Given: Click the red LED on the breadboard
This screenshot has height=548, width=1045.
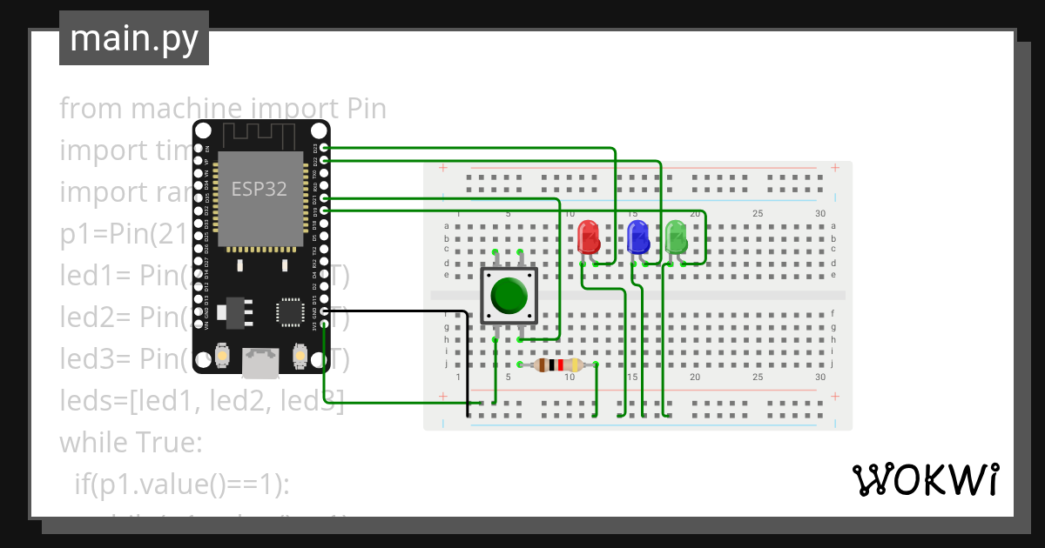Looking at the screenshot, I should point(589,237).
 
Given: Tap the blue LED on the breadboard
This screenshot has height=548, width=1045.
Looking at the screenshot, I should point(638,237).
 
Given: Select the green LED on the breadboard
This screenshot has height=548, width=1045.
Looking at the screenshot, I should point(676,237).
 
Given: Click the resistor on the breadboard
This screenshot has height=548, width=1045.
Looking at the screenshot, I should point(558,365).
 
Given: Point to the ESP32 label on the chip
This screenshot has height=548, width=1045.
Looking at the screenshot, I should point(259,189).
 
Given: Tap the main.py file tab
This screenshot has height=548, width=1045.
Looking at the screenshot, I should point(134,38).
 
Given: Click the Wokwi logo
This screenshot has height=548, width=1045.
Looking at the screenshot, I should point(925,479).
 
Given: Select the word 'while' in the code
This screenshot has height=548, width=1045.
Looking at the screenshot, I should point(94,443).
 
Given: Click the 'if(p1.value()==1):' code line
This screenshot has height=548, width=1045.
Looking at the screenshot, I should point(181,485).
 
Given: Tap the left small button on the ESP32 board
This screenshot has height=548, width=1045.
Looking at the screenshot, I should point(224,356).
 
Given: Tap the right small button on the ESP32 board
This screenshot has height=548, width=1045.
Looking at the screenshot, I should point(300,356).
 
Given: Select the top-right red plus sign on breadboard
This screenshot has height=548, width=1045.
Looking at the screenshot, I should point(834,167).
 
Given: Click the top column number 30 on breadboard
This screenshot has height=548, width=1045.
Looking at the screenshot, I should point(819,214).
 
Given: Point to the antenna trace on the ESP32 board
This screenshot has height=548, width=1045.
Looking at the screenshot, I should point(260,136).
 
